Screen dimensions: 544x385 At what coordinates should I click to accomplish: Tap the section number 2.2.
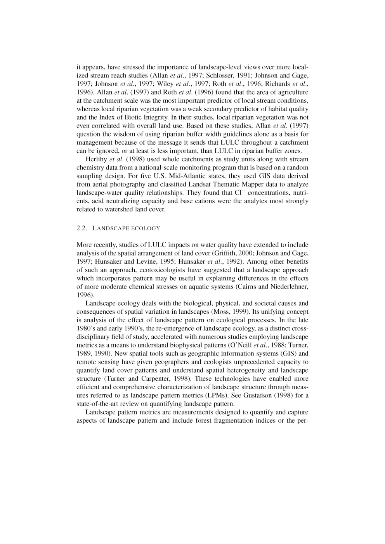pos(82,228)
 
